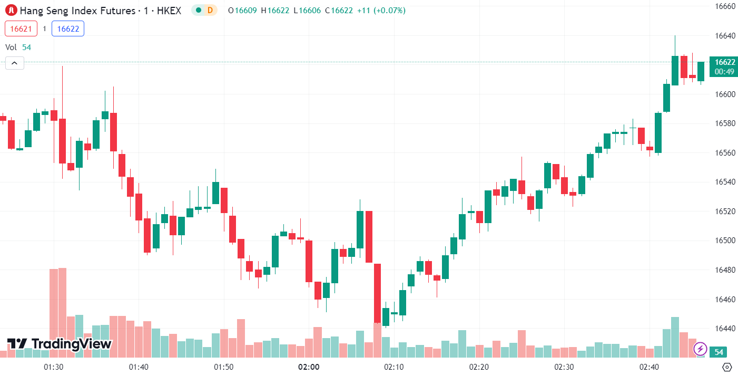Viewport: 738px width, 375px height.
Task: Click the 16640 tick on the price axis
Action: click(725, 36)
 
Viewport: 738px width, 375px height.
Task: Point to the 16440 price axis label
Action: click(725, 329)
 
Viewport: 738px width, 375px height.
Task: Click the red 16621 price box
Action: click(21, 28)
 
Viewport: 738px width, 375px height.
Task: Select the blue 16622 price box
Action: click(68, 28)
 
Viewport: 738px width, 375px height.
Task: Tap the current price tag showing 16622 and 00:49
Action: click(723, 66)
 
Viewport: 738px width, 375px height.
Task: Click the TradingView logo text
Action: click(60, 344)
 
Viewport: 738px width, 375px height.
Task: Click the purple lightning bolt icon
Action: click(700, 349)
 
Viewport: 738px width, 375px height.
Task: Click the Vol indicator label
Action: click(11, 47)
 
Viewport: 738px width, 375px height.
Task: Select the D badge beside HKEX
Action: click(210, 10)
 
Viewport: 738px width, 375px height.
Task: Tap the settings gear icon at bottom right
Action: click(727, 367)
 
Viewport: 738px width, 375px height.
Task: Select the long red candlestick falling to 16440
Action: click(377, 293)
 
